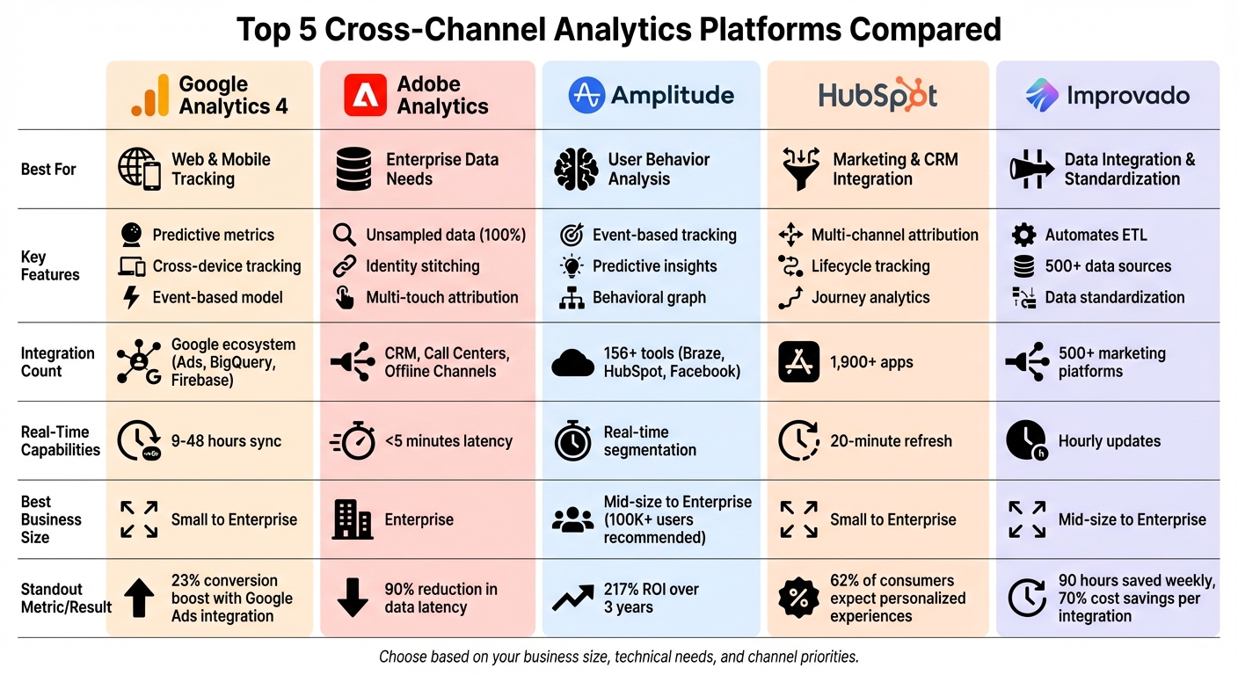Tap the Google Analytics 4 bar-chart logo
coord(149,96)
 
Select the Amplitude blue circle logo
coord(586,96)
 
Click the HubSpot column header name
coord(878,96)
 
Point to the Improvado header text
coord(1128,96)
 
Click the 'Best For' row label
coord(48,169)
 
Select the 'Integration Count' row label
coord(57,362)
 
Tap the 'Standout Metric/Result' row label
coord(66,598)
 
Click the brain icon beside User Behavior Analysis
coord(576,169)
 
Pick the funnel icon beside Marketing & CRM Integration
coord(800,169)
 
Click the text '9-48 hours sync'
coord(226,441)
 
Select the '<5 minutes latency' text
coord(448,441)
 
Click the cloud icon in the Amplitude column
coord(572,362)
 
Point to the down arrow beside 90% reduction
coord(353,598)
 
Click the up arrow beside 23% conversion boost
coord(138,598)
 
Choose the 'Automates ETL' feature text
coord(1096,235)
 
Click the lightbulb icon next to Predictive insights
coord(572,266)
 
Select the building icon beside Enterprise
coord(353,519)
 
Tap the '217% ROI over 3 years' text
coord(651,598)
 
